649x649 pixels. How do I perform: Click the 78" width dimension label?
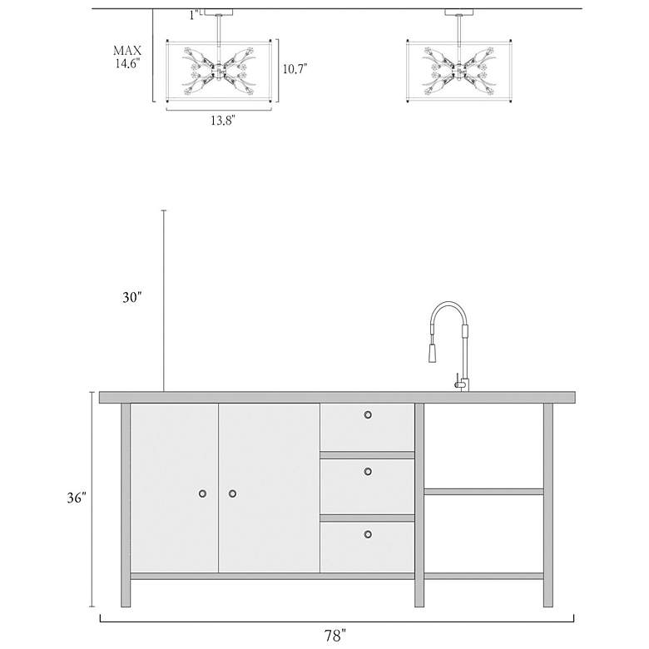click(x=334, y=635)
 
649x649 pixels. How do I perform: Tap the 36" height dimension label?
click(x=77, y=498)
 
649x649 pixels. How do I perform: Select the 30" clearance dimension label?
click(x=131, y=297)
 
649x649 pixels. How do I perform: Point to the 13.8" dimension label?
click(x=223, y=121)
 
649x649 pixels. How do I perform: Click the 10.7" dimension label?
click(x=295, y=69)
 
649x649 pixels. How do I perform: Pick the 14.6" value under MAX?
click(x=127, y=63)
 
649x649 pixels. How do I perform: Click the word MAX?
click(x=127, y=51)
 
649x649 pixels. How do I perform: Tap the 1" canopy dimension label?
click(x=194, y=15)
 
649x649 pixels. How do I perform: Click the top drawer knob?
click(x=368, y=414)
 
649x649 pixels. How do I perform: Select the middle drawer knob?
click(x=368, y=472)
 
